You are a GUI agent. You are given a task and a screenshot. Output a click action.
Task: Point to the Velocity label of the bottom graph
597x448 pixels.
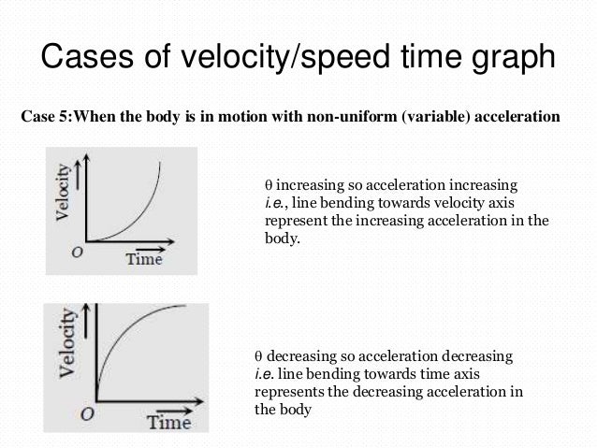coord(67,356)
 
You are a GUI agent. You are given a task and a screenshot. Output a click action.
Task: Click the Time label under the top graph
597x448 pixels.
coord(144,259)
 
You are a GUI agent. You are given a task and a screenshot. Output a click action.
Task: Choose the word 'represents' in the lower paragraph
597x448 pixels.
coord(286,392)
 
